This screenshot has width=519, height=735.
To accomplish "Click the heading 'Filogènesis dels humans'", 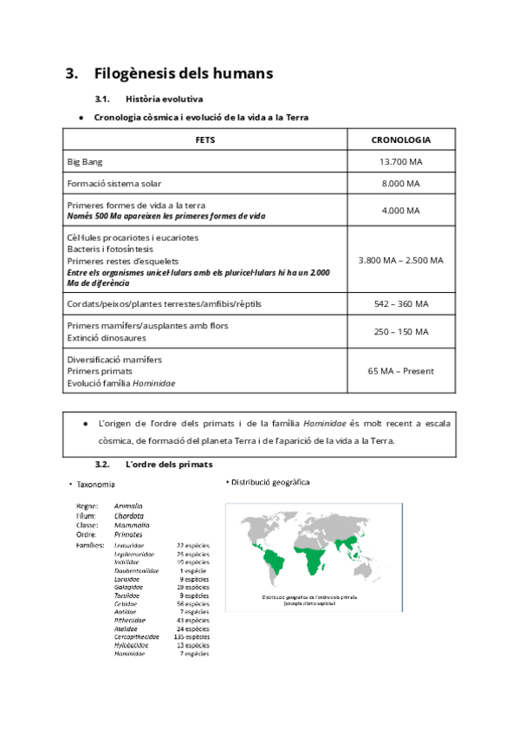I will [183, 74].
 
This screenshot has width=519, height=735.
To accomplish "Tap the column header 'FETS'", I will [205, 140].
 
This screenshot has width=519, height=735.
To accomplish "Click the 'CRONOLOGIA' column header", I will [400, 140].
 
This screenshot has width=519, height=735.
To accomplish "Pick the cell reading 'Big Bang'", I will [84, 162].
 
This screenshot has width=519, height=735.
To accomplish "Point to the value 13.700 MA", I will [400, 162].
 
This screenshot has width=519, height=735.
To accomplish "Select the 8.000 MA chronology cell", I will [400, 184].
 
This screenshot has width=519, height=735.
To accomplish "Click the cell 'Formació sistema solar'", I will [114, 184].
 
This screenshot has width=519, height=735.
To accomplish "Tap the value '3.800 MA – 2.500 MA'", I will [400, 260].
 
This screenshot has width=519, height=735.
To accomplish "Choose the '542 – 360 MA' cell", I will [400, 304].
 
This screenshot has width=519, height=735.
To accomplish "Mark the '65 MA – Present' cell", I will [400, 371].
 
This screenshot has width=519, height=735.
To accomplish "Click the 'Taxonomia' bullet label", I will [95, 485].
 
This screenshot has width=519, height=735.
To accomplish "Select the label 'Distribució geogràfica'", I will [269, 482].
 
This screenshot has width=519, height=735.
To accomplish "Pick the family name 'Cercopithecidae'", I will [137, 636].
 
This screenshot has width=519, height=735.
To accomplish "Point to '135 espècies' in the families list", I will [191, 636].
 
